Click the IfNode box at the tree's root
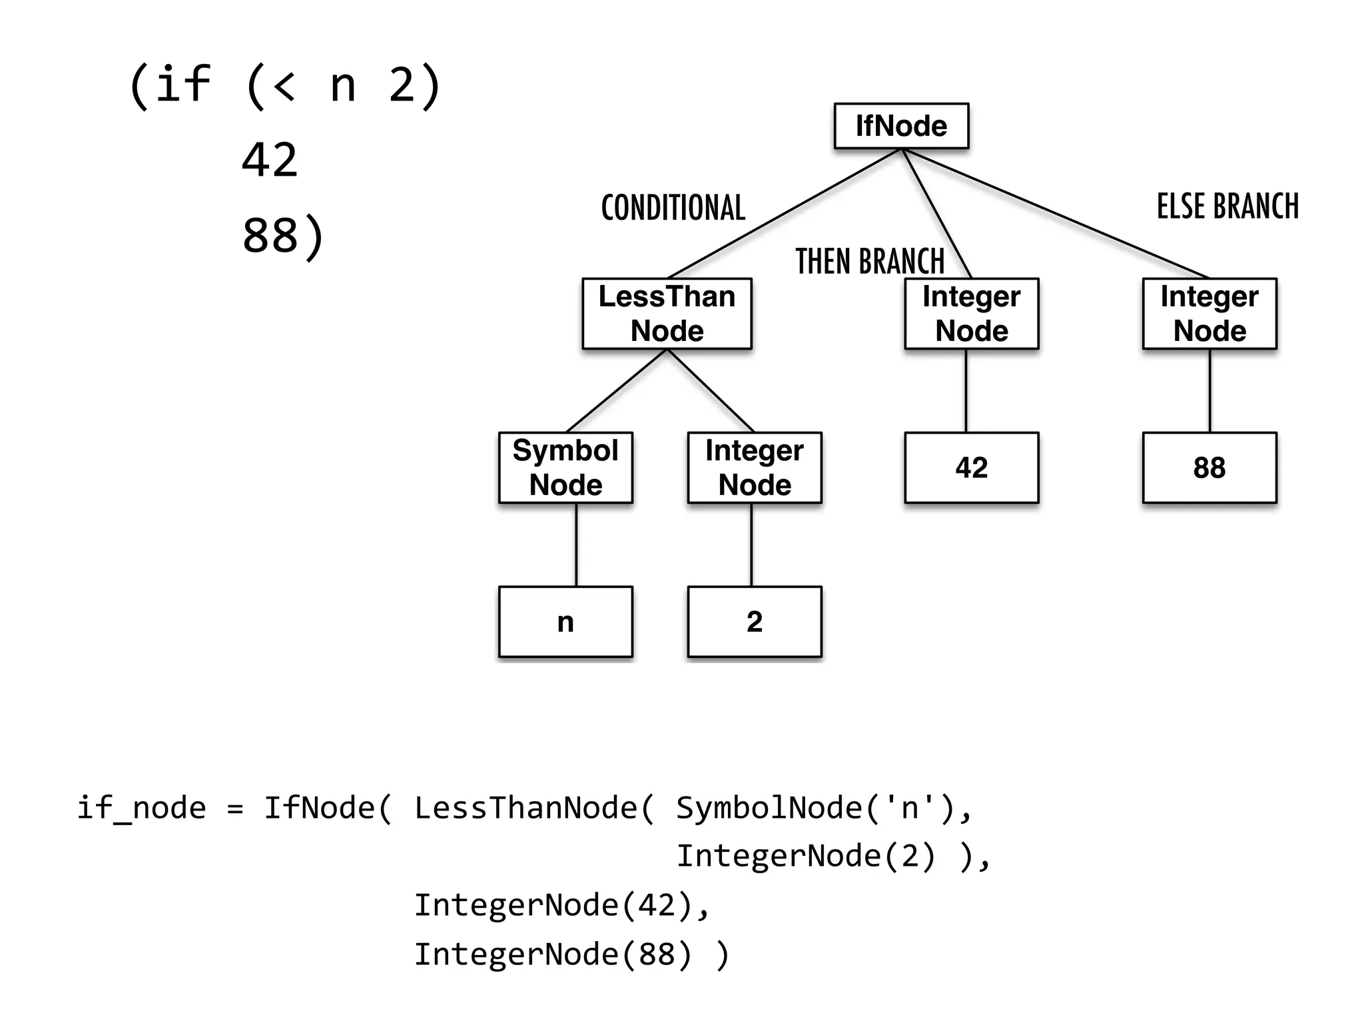point(901,126)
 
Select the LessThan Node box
point(667,314)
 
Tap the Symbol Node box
point(565,468)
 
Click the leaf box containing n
point(565,621)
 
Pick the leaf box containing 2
point(754,621)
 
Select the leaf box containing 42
point(971,468)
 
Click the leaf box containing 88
point(1209,468)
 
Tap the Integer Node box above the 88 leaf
point(1209,314)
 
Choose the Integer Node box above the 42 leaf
point(971,314)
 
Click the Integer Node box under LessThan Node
point(754,468)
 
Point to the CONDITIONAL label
point(673,208)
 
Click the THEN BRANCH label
point(870,261)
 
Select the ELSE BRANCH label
point(1227,206)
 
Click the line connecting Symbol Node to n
point(576,545)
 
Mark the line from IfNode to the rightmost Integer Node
point(1056,213)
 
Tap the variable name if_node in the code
point(141,809)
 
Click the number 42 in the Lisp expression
point(270,161)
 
